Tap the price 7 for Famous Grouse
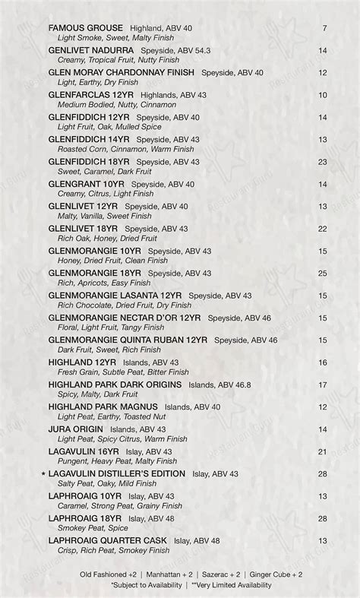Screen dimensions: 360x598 324,28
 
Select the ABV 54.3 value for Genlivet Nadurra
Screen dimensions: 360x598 197,50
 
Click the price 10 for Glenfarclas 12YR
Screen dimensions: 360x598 323,95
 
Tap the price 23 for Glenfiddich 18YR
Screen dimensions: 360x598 323,162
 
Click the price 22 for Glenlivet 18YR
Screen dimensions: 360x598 323,229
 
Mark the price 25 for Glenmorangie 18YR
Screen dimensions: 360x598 323,273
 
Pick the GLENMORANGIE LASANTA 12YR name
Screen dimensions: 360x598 115,296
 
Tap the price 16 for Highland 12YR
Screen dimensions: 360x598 323,362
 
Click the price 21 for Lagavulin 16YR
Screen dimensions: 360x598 323,451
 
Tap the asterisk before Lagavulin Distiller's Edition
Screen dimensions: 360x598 43,474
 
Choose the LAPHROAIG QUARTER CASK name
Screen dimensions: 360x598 107,540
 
